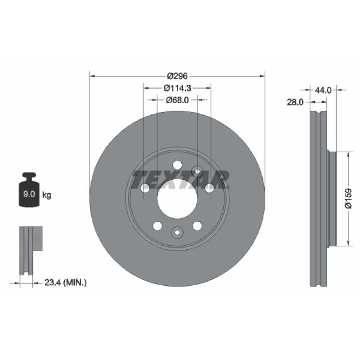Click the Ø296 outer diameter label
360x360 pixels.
[177, 76]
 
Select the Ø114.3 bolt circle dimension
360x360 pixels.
[177, 88]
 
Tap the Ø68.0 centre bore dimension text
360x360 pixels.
[177, 100]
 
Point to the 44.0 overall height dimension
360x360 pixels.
[323, 90]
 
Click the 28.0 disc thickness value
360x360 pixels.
[295, 102]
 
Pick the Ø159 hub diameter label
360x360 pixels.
[348, 198]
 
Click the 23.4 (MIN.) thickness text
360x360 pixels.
[65, 283]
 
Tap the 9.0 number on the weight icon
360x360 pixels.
[29, 194]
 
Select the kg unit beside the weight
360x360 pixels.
[47, 195]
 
